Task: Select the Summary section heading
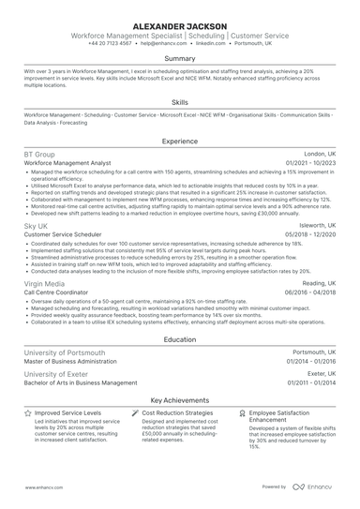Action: (180, 58)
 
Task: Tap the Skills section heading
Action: (180, 102)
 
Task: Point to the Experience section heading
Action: (180, 142)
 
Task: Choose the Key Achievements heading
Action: (180, 398)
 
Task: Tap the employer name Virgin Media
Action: (45, 282)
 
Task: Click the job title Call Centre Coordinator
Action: (58, 292)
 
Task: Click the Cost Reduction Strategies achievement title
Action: (178, 412)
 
